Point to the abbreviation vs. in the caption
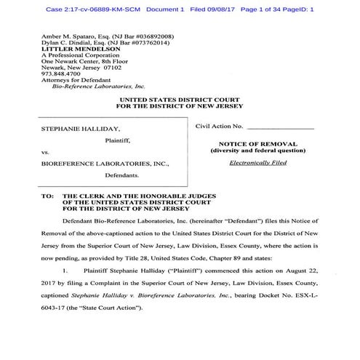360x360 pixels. click(45, 152)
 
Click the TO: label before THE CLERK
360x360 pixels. click(47, 196)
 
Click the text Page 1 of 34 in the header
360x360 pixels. click(277, 9)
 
